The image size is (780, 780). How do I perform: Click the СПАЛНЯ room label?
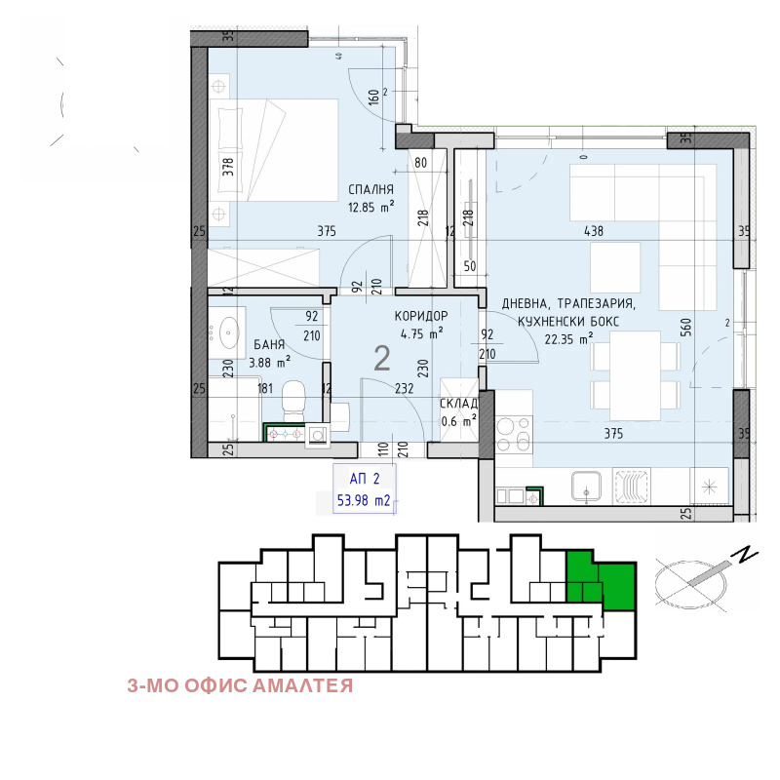[370, 189]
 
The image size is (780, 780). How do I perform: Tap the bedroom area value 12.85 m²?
[371, 207]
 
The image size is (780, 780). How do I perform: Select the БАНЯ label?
[269, 344]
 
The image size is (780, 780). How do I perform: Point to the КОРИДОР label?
[421, 316]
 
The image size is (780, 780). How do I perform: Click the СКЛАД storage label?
[458, 404]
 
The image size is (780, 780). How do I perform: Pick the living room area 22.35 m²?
[568, 339]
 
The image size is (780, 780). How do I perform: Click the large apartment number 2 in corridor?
[381, 358]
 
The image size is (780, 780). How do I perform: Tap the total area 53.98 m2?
[364, 500]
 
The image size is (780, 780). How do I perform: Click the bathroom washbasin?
[228, 331]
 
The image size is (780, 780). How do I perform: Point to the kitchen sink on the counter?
[586, 486]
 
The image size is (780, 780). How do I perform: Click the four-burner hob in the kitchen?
[514, 434]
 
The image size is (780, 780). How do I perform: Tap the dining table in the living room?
[636, 375]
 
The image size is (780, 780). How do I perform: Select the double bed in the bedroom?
[274, 150]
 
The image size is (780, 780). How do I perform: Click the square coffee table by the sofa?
[615, 267]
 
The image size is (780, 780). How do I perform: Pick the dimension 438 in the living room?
[594, 231]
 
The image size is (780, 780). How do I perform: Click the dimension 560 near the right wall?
[685, 328]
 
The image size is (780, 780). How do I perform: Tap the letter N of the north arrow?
[745, 555]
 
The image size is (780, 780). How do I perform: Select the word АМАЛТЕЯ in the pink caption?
[302, 686]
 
